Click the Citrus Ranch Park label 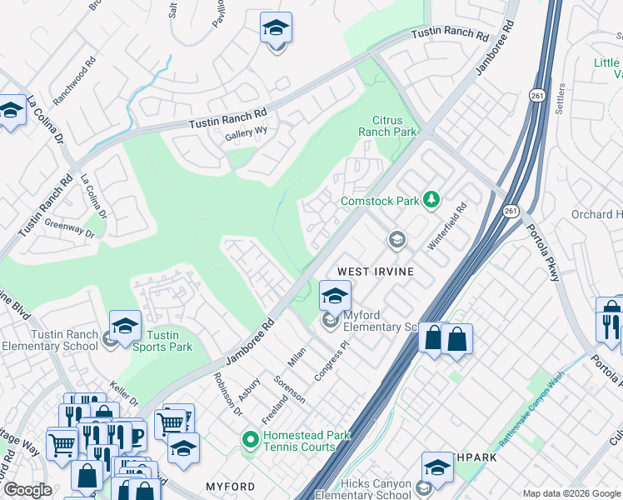click(x=386, y=126)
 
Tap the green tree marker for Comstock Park click(x=431, y=199)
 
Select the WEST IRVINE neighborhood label click(x=376, y=272)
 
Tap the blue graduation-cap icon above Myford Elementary click(x=335, y=296)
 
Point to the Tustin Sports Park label click(x=162, y=341)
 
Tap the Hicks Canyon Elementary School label click(x=365, y=489)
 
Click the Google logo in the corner click(x=27, y=490)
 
